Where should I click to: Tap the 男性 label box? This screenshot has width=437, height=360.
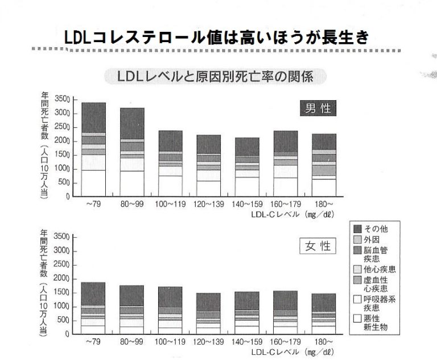(318, 108)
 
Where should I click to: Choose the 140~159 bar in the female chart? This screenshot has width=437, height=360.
(246, 313)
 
